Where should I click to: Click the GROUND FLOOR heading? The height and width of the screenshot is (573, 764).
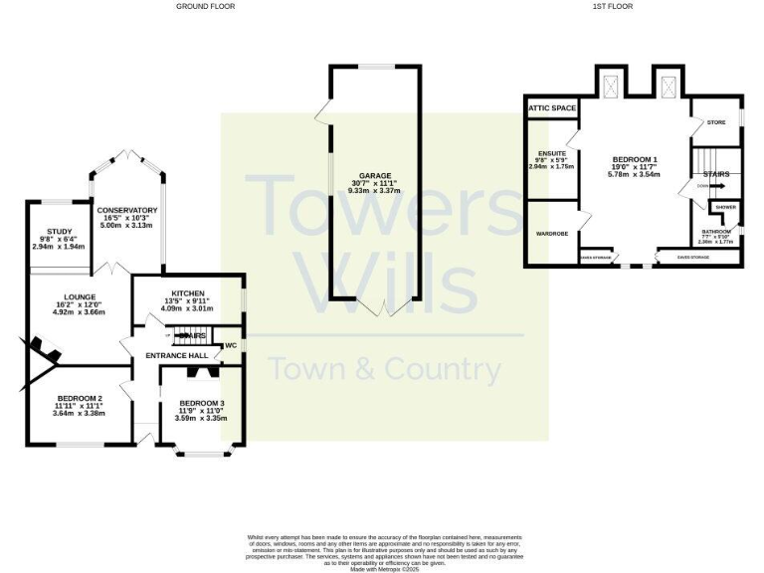click(x=206, y=6)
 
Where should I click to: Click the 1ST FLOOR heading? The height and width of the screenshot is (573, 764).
click(x=613, y=6)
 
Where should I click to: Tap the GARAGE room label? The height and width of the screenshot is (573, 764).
click(x=375, y=174)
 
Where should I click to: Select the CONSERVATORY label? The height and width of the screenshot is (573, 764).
click(x=128, y=210)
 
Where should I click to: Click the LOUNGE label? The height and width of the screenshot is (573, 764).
click(x=80, y=296)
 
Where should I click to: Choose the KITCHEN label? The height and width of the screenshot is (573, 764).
click(x=187, y=292)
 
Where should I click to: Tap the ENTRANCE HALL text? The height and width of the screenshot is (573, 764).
click(x=177, y=355)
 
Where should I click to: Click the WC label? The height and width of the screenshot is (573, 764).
click(x=231, y=345)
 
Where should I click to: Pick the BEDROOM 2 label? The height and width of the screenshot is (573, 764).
click(x=80, y=399)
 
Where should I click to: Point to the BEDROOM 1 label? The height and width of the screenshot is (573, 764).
click(x=635, y=159)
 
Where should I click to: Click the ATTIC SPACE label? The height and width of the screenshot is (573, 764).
click(x=553, y=107)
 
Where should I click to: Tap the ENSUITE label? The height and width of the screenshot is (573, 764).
click(x=552, y=152)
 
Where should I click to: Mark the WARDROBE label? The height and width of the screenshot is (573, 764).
click(x=551, y=236)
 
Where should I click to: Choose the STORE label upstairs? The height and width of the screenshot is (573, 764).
click(x=716, y=123)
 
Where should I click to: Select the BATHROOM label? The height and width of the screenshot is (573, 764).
click(x=715, y=232)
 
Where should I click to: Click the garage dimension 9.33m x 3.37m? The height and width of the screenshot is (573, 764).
click(x=375, y=190)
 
